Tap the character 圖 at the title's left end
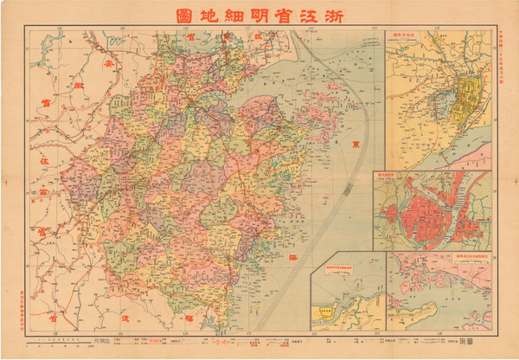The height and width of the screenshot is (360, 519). point(183,15)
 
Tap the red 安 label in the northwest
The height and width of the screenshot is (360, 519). point(108,65)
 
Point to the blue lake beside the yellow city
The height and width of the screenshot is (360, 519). point(442,106)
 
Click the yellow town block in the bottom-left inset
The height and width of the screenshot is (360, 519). point(326,312)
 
